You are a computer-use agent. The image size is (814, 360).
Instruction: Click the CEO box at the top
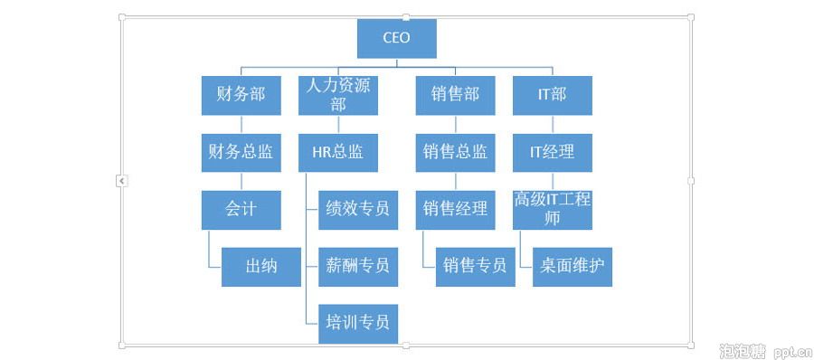(396, 38)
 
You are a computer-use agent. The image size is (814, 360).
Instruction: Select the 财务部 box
(241, 95)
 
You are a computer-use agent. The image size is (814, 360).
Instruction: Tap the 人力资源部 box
(338, 95)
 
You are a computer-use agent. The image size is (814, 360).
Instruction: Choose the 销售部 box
(455, 95)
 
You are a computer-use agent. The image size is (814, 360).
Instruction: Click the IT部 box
(552, 95)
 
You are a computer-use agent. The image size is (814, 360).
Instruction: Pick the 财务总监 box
(241, 152)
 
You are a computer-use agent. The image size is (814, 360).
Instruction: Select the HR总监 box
(338, 152)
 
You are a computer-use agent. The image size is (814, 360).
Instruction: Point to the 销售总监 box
(455, 152)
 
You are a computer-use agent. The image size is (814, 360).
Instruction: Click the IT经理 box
(552, 152)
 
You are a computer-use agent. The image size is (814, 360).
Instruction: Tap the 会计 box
(241, 209)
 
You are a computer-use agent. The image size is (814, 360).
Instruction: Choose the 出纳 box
(260, 266)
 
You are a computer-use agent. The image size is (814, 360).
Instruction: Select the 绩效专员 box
(358, 209)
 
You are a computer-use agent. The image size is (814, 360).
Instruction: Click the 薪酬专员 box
(358, 266)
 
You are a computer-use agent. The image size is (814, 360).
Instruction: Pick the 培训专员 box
(358, 322)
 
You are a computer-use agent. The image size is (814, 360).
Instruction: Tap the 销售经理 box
(455, 209)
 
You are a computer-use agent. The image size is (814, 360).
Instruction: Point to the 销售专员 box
(475, 266)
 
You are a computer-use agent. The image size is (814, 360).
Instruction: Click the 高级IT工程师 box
(552, 209)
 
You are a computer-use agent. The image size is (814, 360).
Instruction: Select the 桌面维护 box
(572, 266)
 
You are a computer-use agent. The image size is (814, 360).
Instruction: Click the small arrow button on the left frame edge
(122, 181)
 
